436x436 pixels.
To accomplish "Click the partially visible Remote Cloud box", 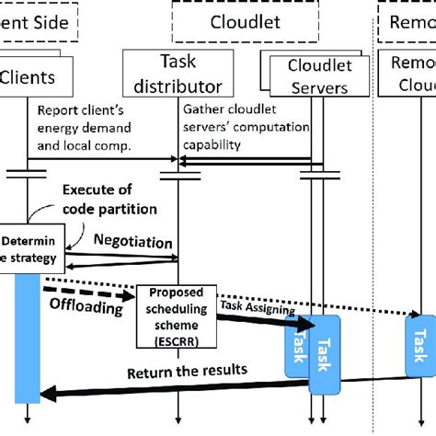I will click(410, 75).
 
